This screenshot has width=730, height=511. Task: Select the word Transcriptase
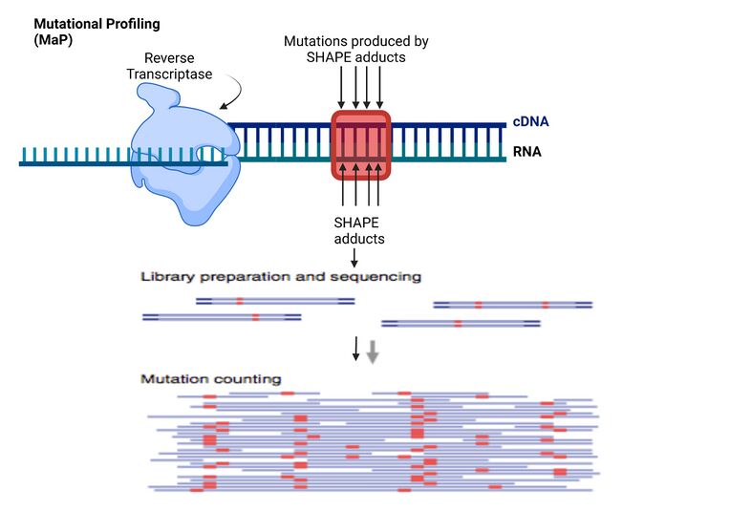169,74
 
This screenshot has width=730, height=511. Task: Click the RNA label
527,151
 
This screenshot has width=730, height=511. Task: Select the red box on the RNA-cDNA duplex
360,144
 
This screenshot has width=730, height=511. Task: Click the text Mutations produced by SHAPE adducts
355,50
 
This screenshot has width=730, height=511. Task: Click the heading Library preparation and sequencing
281,277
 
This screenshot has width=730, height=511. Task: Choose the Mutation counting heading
211,379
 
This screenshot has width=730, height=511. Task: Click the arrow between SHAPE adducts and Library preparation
354,257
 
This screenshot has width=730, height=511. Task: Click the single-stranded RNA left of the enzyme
76,162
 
